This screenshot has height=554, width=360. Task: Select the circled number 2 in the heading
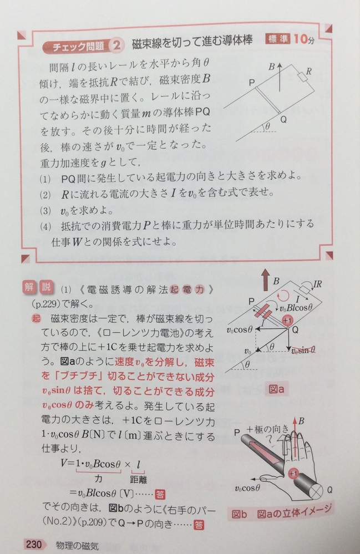coord(116,47)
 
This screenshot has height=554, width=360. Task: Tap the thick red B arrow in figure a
coord(260,281)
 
